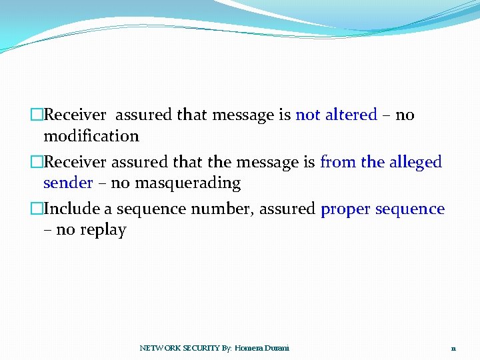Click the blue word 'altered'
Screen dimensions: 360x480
(x=351, y=115)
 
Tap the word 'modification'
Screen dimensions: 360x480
(x=91, y=136)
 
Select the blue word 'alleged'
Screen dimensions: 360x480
(x=416, y=162)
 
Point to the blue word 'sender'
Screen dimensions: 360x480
(x=68, y=183)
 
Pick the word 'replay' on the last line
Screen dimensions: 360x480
(x=103, y=231)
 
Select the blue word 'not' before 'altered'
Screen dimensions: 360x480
(x=307, y=115)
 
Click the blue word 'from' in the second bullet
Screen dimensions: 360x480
(x=338, y=162)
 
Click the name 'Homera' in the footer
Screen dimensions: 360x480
(x=249, y=348)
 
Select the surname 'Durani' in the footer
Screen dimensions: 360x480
(x=277, y=348)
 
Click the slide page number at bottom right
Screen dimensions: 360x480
(x=453, y=349)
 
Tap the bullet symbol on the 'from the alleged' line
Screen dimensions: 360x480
(x=36, y=162)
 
